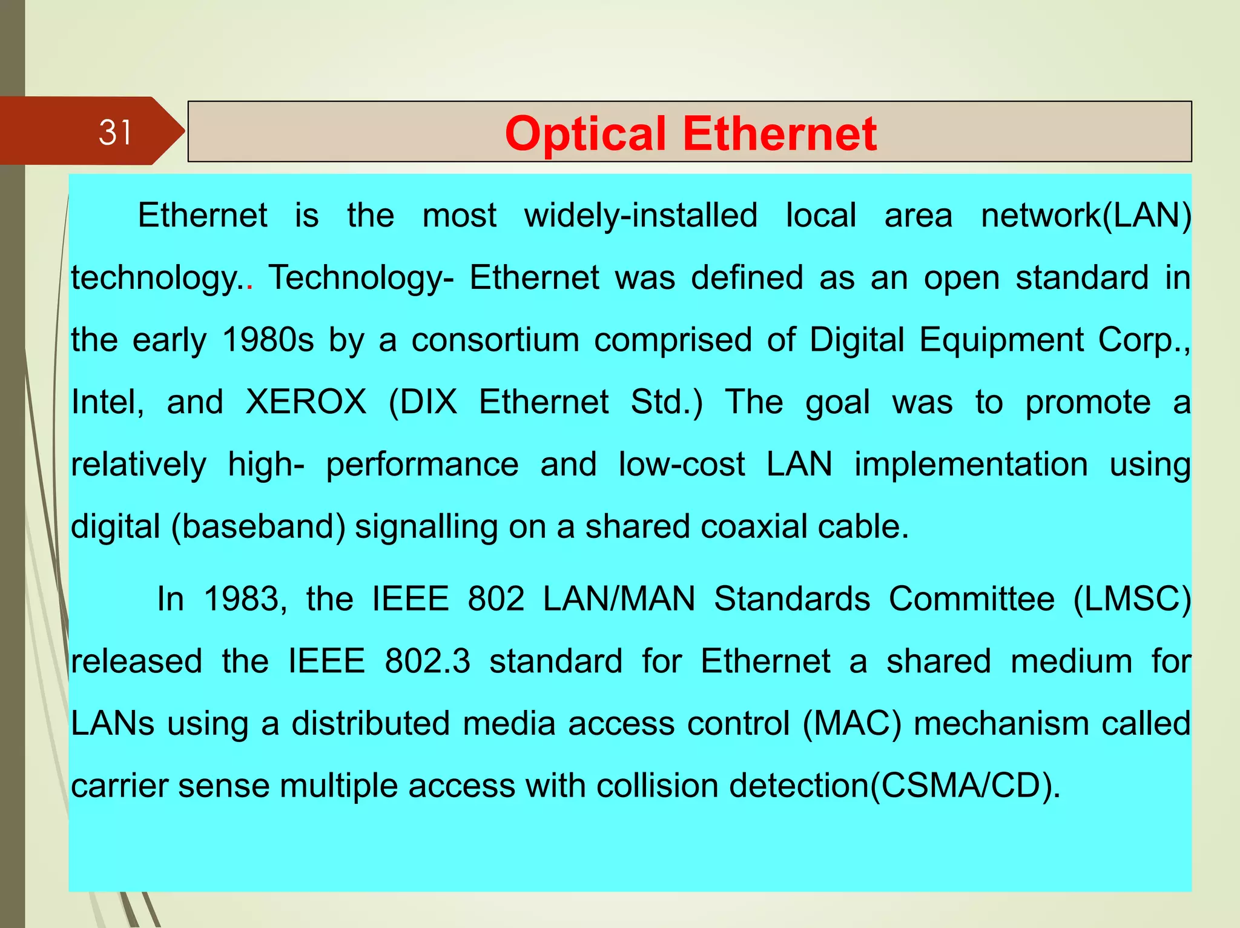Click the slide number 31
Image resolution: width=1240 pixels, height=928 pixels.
click(115, 132)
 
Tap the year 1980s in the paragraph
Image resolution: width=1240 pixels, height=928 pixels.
click(268, 340)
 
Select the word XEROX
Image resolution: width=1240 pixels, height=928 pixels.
click(306, 402)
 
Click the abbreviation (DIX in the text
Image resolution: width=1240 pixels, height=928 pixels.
click(423, 402)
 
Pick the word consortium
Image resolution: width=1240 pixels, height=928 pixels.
click(495, 340)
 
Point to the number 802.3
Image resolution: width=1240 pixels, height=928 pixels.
click(427, 661)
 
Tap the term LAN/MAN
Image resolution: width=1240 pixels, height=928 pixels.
click(619, 599)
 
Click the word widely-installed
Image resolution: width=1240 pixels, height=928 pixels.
click(641, 216)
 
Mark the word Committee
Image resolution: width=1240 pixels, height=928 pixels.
click(972, 599)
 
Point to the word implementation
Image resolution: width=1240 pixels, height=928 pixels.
click(971, 465)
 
